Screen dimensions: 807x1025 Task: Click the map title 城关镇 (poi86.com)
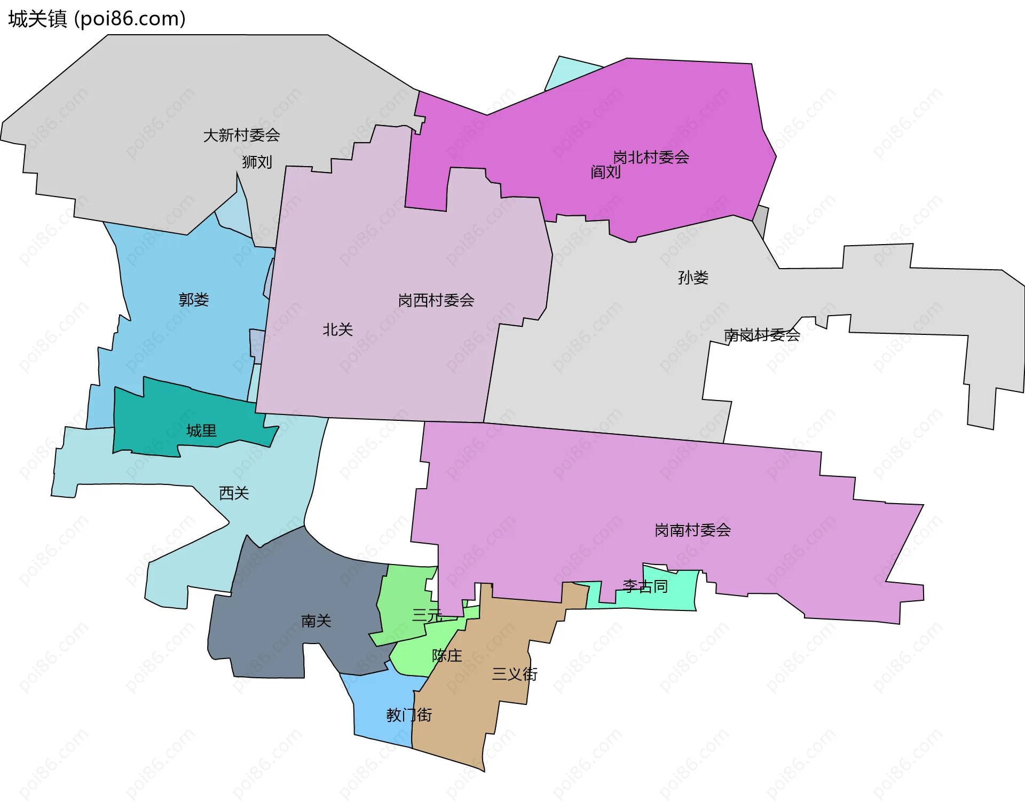pyautogui.click(x=97, y=19)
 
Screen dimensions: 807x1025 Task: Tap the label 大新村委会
pyautogui.click(x=241, y=135)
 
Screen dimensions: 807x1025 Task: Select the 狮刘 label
pyautogui.click(x=257, y=162)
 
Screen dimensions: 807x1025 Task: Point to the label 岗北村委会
pyautogui.click(x=651, y=157)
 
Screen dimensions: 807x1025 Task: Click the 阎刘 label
pyautogui.click(x=605, y=172)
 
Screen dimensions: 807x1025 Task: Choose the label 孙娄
pyautogui.click(x=693, y=278)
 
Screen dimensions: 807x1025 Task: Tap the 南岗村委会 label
pyautogui.click(x=762, y=335)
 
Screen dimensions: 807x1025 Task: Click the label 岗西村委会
pyautogui.click(x=436, y=300)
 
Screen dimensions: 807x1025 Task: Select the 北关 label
pyautogui.click(x=337, y=330)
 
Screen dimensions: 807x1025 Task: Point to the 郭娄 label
pyautogui.click(x=193, y=300)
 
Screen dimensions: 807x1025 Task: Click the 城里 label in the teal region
pyautogui.click(x=201, y=430)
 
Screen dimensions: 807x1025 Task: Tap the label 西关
pyautogui.click(x=234, y=493)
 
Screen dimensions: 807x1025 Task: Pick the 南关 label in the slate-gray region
pyautogui.click(x=316, y=621)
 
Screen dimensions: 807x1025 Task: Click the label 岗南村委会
pyautogui.click(x=692, y=530)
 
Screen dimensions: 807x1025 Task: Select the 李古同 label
pyautogui.click(x=645, y=586)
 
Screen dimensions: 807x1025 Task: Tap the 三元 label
pyautogui.click(x=427, y=615)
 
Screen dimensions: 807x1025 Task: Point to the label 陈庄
pyautogui.click(x=447, y=655)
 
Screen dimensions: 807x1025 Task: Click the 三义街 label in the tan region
pyautogui.click(x=515, y=674)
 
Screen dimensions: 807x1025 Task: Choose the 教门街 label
pyautogui.click(x=409, y=715)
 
